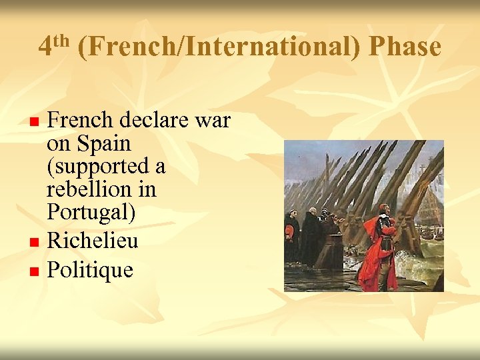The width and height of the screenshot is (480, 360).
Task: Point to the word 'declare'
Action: (x=157, y=121)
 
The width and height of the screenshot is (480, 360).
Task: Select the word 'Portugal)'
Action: (x=91, y=213)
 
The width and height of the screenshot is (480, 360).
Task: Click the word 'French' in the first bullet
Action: (x=81, y=121)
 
